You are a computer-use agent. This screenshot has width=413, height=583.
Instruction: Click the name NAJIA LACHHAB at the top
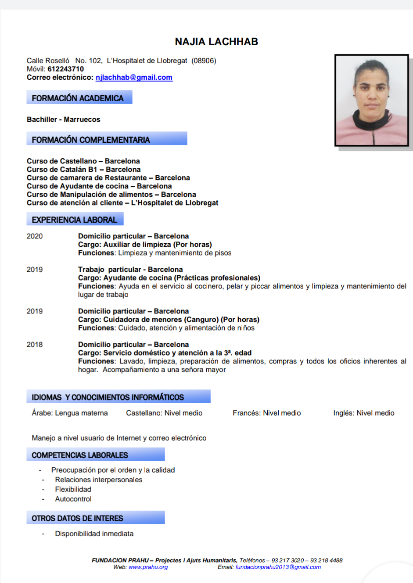(216, 42)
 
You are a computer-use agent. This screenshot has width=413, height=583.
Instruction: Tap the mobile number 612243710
(65, 69)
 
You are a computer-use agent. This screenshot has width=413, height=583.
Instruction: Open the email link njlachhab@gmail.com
(134, 78)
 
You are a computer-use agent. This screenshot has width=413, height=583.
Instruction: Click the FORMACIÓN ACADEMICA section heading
(78, 98)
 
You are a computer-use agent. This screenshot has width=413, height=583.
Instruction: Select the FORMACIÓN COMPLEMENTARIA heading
(91, 140)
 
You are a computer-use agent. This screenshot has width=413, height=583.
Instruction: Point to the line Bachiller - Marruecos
(63, 119)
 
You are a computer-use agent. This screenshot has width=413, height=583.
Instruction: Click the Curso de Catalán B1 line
(83, 170)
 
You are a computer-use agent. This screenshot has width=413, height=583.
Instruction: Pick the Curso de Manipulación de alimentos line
(111, 195)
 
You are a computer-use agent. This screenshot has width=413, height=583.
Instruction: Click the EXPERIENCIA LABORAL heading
(74, 220)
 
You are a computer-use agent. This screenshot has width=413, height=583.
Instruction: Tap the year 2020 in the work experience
(35, 236)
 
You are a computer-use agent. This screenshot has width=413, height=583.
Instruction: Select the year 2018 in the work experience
(35, 345)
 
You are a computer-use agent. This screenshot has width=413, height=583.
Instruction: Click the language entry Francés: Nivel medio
(267, 413)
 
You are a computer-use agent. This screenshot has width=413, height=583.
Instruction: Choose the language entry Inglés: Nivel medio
(363, 413)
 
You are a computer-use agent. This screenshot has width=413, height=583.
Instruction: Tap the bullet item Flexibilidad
(73, 489)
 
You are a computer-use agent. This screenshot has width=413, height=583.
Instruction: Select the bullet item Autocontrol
(73, 499)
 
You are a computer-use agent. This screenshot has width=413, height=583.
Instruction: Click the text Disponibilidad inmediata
(94, 533)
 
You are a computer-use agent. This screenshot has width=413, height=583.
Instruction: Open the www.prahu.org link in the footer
(148, 567)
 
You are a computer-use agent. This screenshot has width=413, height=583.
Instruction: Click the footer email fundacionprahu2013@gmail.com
(278, 567)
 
